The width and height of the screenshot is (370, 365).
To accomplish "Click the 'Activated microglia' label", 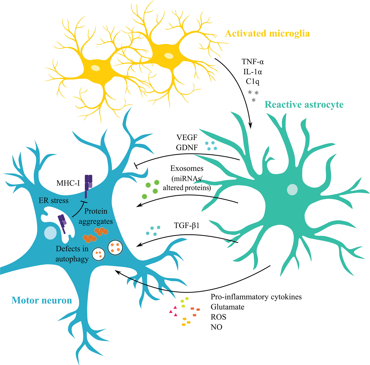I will [267, 34].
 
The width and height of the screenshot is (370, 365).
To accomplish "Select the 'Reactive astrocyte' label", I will [304, 105].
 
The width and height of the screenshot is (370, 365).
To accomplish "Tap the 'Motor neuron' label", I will [42, 300].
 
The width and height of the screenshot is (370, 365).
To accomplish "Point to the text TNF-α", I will [253, 62].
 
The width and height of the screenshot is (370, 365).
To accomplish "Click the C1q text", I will [253, 81].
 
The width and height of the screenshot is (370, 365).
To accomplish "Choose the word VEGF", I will [187, 138].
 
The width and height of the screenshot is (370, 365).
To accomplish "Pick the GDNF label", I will [187, 148].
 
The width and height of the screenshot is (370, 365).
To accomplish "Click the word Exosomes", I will [187, 168].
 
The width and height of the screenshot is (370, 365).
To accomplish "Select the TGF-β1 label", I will [187, 225].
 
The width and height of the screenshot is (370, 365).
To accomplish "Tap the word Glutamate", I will [228, 307].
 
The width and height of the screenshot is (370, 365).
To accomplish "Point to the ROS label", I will [218, 317].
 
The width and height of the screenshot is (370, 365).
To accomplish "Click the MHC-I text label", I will [68, 183].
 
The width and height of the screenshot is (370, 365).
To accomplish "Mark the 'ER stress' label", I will [53, 201].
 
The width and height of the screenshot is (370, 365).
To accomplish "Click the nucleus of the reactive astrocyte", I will [292, 190].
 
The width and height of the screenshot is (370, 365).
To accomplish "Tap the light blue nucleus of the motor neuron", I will [50, 233].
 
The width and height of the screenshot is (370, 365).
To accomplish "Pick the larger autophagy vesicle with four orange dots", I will [115, 247].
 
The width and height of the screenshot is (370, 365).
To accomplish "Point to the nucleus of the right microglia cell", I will [169, 56].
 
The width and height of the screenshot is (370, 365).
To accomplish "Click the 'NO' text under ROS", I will [216, 327].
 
